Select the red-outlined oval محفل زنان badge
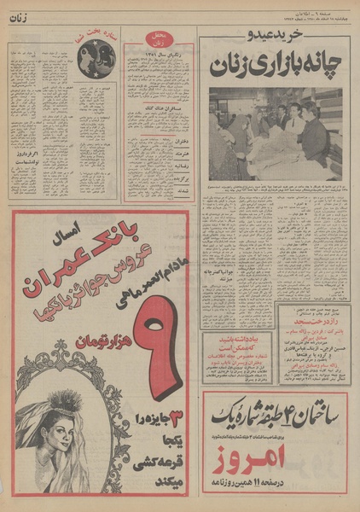(158, 41)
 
